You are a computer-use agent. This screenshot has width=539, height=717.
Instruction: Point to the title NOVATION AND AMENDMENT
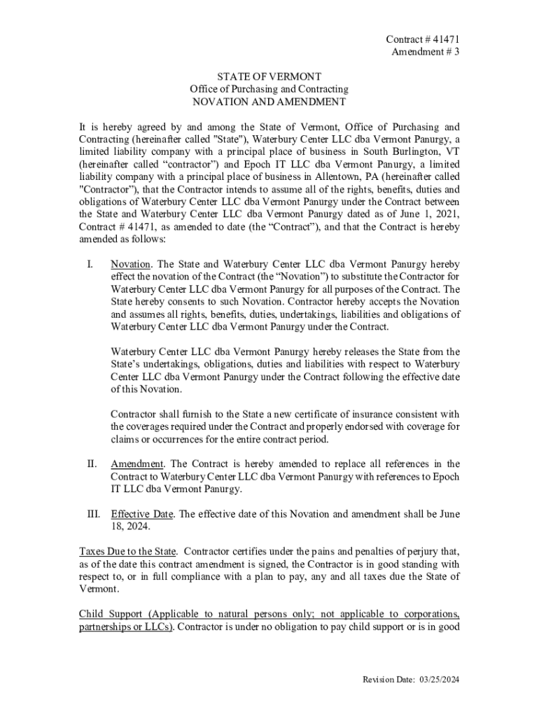[x=269, y=102]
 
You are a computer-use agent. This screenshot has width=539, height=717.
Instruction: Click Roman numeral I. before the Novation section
[x=89, y=265]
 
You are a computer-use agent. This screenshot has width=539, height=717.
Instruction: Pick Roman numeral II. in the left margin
[x=91, y=464]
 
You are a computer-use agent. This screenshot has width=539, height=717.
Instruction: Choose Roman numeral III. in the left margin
[x=92, y=514]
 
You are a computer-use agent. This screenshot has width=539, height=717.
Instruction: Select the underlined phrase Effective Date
[x=143, y=514]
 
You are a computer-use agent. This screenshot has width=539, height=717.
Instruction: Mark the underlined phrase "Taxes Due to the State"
[x=127, y=551]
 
